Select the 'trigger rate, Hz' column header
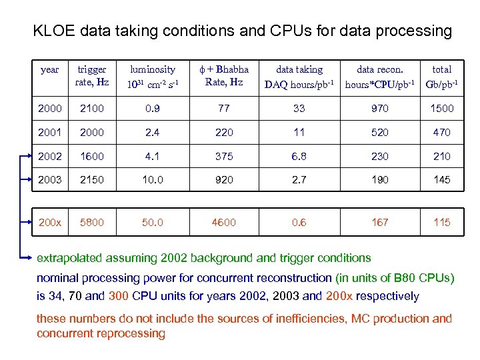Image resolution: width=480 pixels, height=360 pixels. (92, 76)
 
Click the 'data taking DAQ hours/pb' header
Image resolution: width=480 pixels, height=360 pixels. (299, 76)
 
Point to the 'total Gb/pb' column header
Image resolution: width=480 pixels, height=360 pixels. (441, 76)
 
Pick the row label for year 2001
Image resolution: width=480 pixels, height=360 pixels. (50, 132)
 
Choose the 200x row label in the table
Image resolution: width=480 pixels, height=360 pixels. (50, 222)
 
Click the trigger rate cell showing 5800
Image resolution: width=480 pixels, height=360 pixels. (92, 222)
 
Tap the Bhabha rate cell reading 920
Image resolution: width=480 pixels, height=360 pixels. (224, 179)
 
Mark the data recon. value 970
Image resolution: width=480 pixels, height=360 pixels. (379, 109)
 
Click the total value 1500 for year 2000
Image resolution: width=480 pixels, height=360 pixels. (441, 109)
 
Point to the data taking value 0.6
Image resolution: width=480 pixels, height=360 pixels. (299, 222)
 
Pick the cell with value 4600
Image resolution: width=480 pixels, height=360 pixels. (224, 222)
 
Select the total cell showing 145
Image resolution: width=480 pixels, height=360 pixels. (441, 179)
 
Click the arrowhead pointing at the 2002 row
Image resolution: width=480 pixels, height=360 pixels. (31, 156)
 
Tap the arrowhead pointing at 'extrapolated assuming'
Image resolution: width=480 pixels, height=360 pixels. (31, 257)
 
